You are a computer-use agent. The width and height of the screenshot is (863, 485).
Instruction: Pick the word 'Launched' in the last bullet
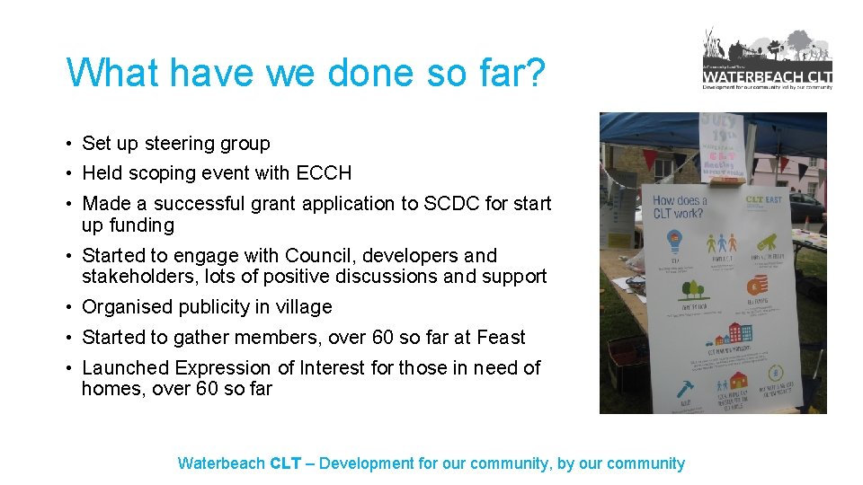(125, 368)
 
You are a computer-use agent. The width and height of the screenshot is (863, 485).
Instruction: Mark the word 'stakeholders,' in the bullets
(135, 277)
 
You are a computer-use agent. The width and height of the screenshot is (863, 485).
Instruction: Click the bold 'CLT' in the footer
(285, 463)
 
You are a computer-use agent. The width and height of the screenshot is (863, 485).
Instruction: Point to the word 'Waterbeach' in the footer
(221, 463)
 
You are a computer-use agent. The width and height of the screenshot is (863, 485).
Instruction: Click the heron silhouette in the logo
(711, 45)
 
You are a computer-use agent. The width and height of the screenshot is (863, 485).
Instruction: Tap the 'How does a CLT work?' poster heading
(680, 207)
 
